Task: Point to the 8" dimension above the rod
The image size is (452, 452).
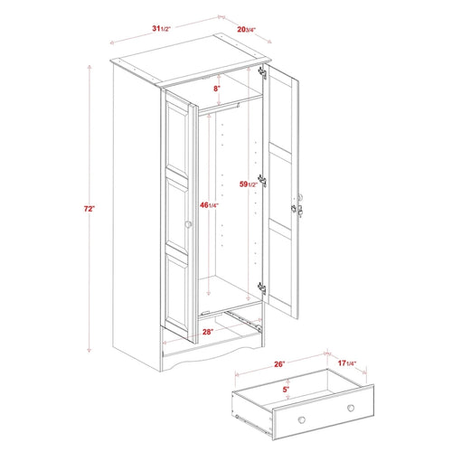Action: (x=217, y=89)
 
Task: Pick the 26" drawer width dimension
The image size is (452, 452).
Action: (x=279, y=364)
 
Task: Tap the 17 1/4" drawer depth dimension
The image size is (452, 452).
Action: (x=345, y=364)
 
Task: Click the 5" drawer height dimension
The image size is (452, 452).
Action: (x=287, y=390)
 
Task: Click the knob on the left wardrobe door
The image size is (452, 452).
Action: (x=189, y=224)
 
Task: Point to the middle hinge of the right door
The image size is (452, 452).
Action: (x=264, y=180)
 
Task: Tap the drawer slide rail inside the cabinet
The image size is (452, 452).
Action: (x=240, y=316)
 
